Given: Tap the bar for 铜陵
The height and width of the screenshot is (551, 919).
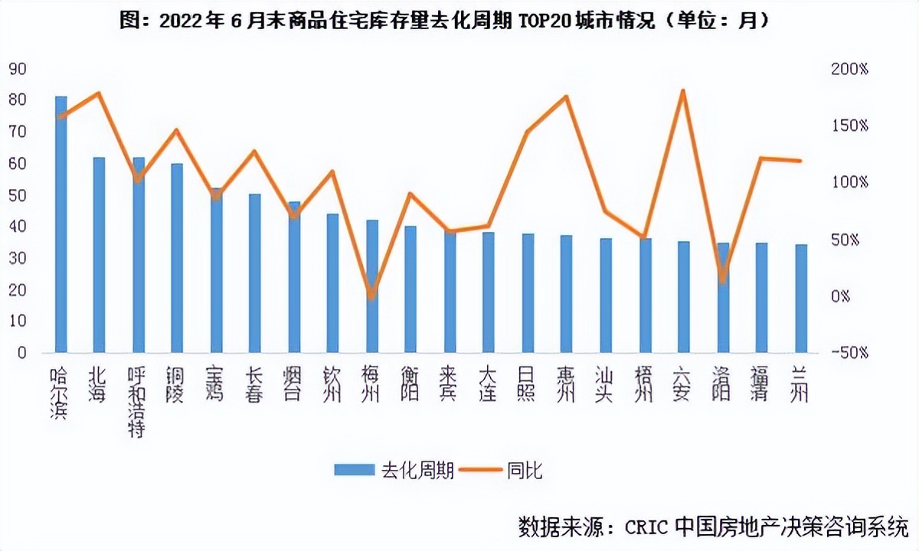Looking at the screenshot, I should coord(177,258).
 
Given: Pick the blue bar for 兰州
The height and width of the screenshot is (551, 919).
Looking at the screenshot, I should coord(800,298).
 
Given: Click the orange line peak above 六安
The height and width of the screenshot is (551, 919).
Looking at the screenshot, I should coord(683,91).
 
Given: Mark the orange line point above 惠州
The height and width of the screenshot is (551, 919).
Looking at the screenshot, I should coord(567,97).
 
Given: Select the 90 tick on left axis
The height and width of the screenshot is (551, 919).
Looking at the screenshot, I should coord(18,69).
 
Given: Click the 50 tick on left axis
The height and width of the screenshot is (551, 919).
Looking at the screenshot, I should coord(18,195).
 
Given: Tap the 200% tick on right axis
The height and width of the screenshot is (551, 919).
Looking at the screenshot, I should coord(851,69).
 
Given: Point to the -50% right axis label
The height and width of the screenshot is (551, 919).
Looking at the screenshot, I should coord(851,353).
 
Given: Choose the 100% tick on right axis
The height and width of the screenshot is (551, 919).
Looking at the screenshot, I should coord(851,182).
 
